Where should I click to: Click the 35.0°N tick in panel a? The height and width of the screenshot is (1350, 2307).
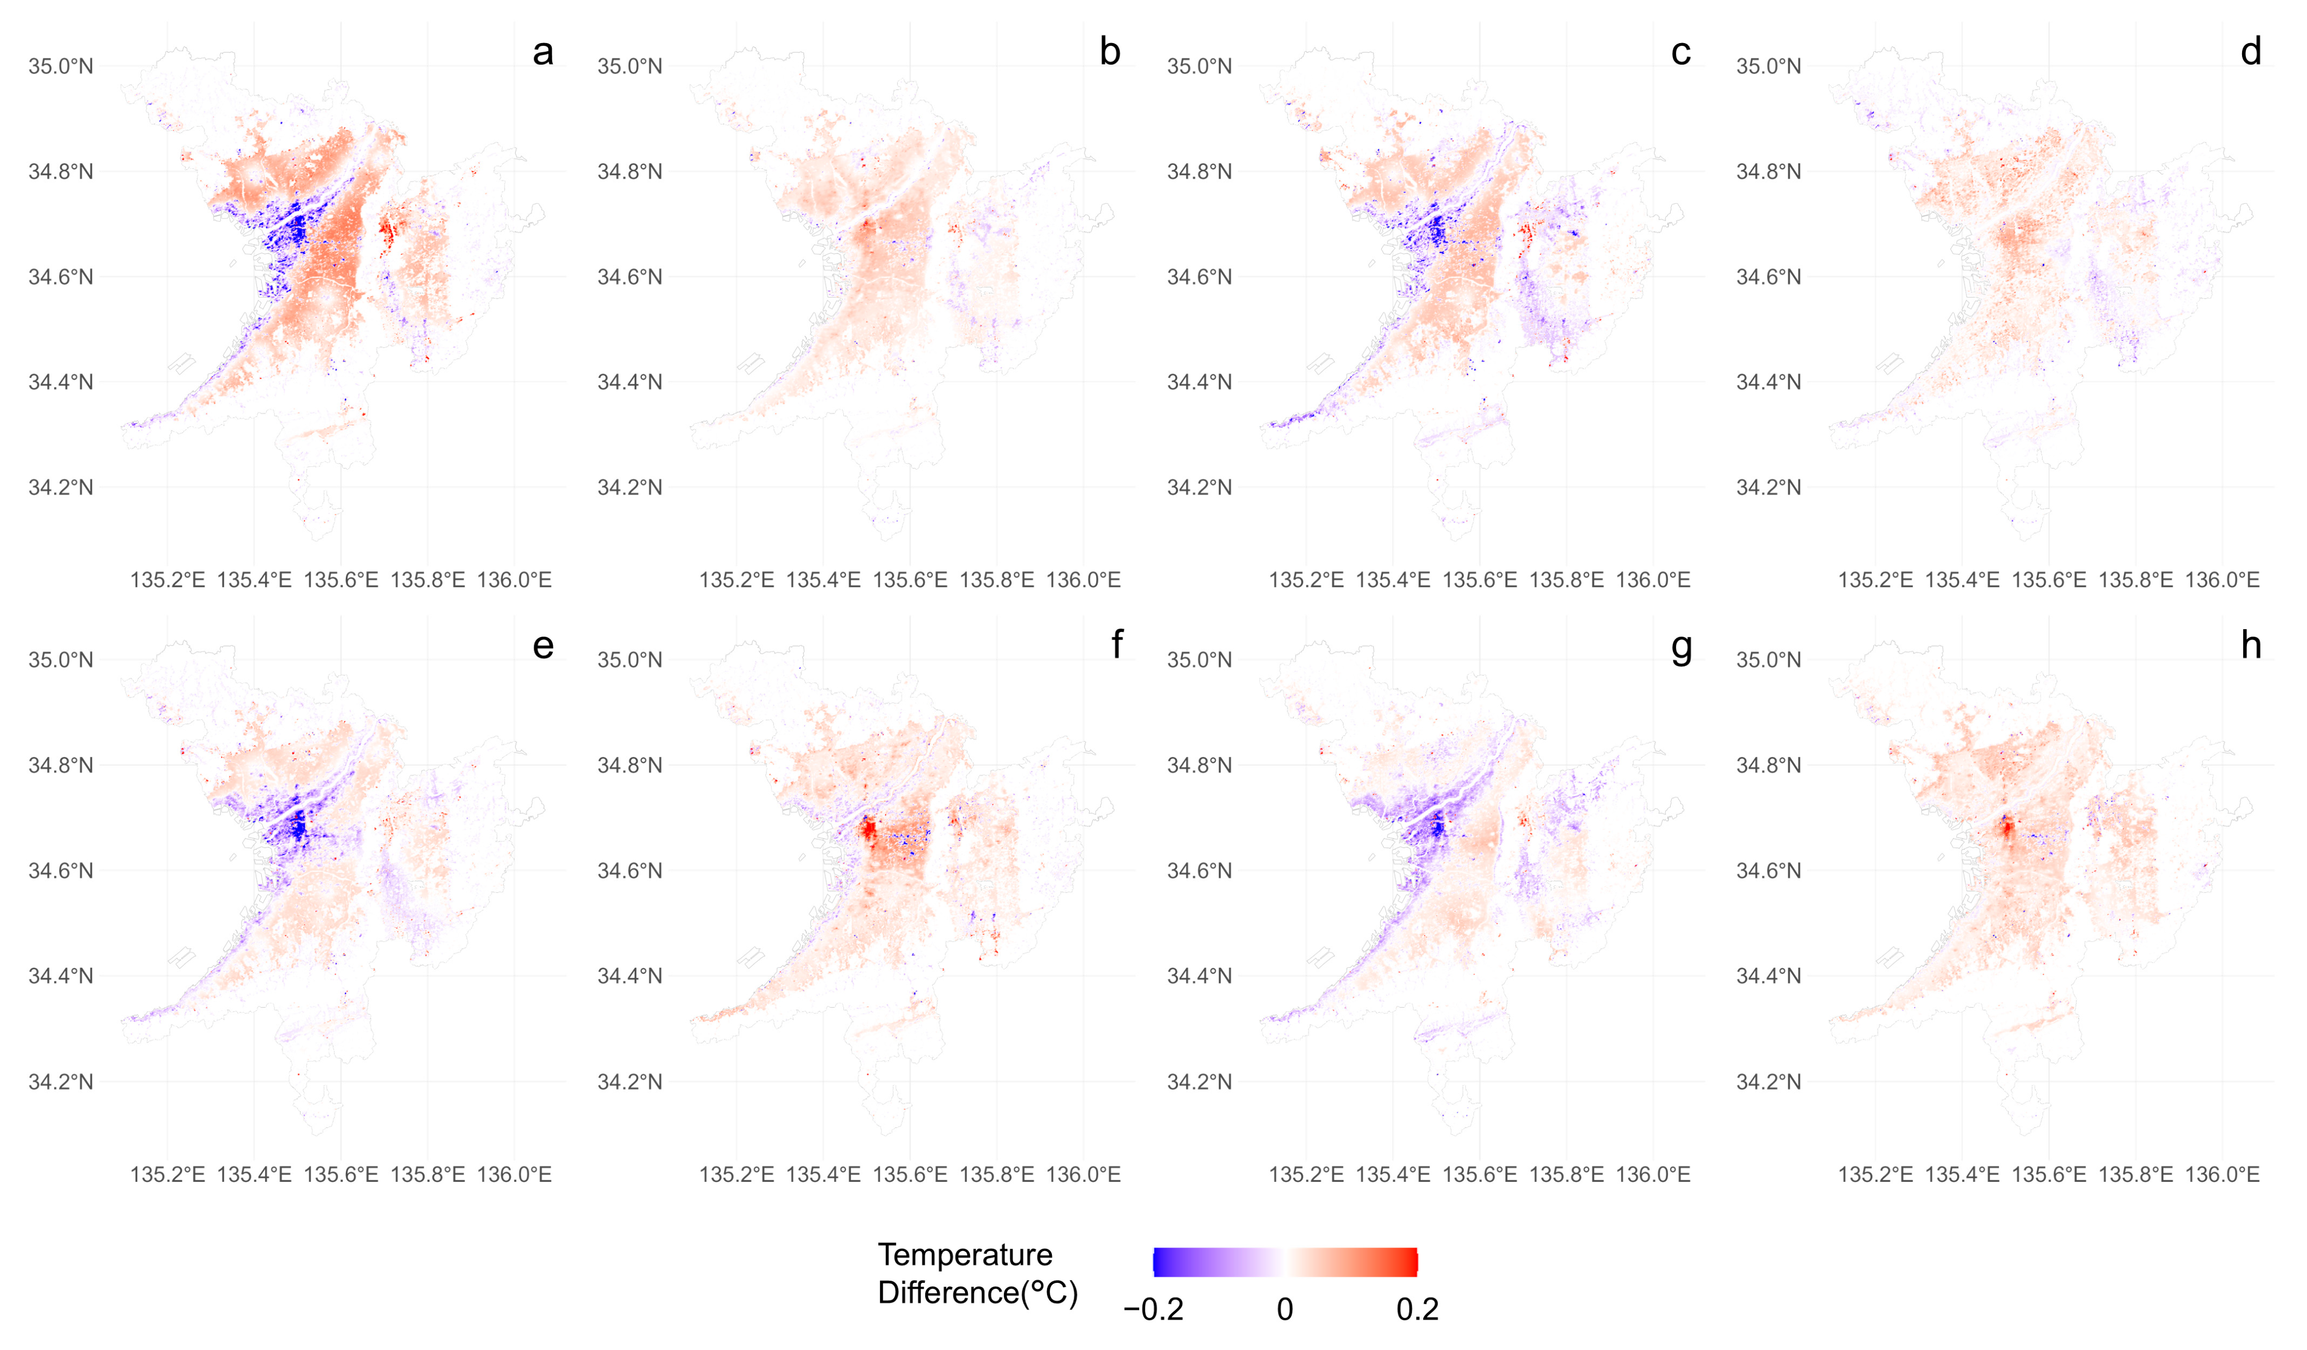pos(61,66)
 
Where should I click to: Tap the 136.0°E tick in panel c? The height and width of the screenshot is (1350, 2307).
pos(1653,580)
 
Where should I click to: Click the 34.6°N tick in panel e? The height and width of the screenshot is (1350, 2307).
pos(61,870)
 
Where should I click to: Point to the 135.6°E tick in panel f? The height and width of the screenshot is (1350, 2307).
pos(910,1174)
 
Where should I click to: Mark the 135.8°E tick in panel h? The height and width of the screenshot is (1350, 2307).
pos(2135,1174)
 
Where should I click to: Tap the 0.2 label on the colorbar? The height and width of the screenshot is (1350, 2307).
pos(1417,1310)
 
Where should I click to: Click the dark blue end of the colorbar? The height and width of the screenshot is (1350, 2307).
pos(1159,1262)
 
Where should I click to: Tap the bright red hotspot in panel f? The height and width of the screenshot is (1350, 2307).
pos(867,830)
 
